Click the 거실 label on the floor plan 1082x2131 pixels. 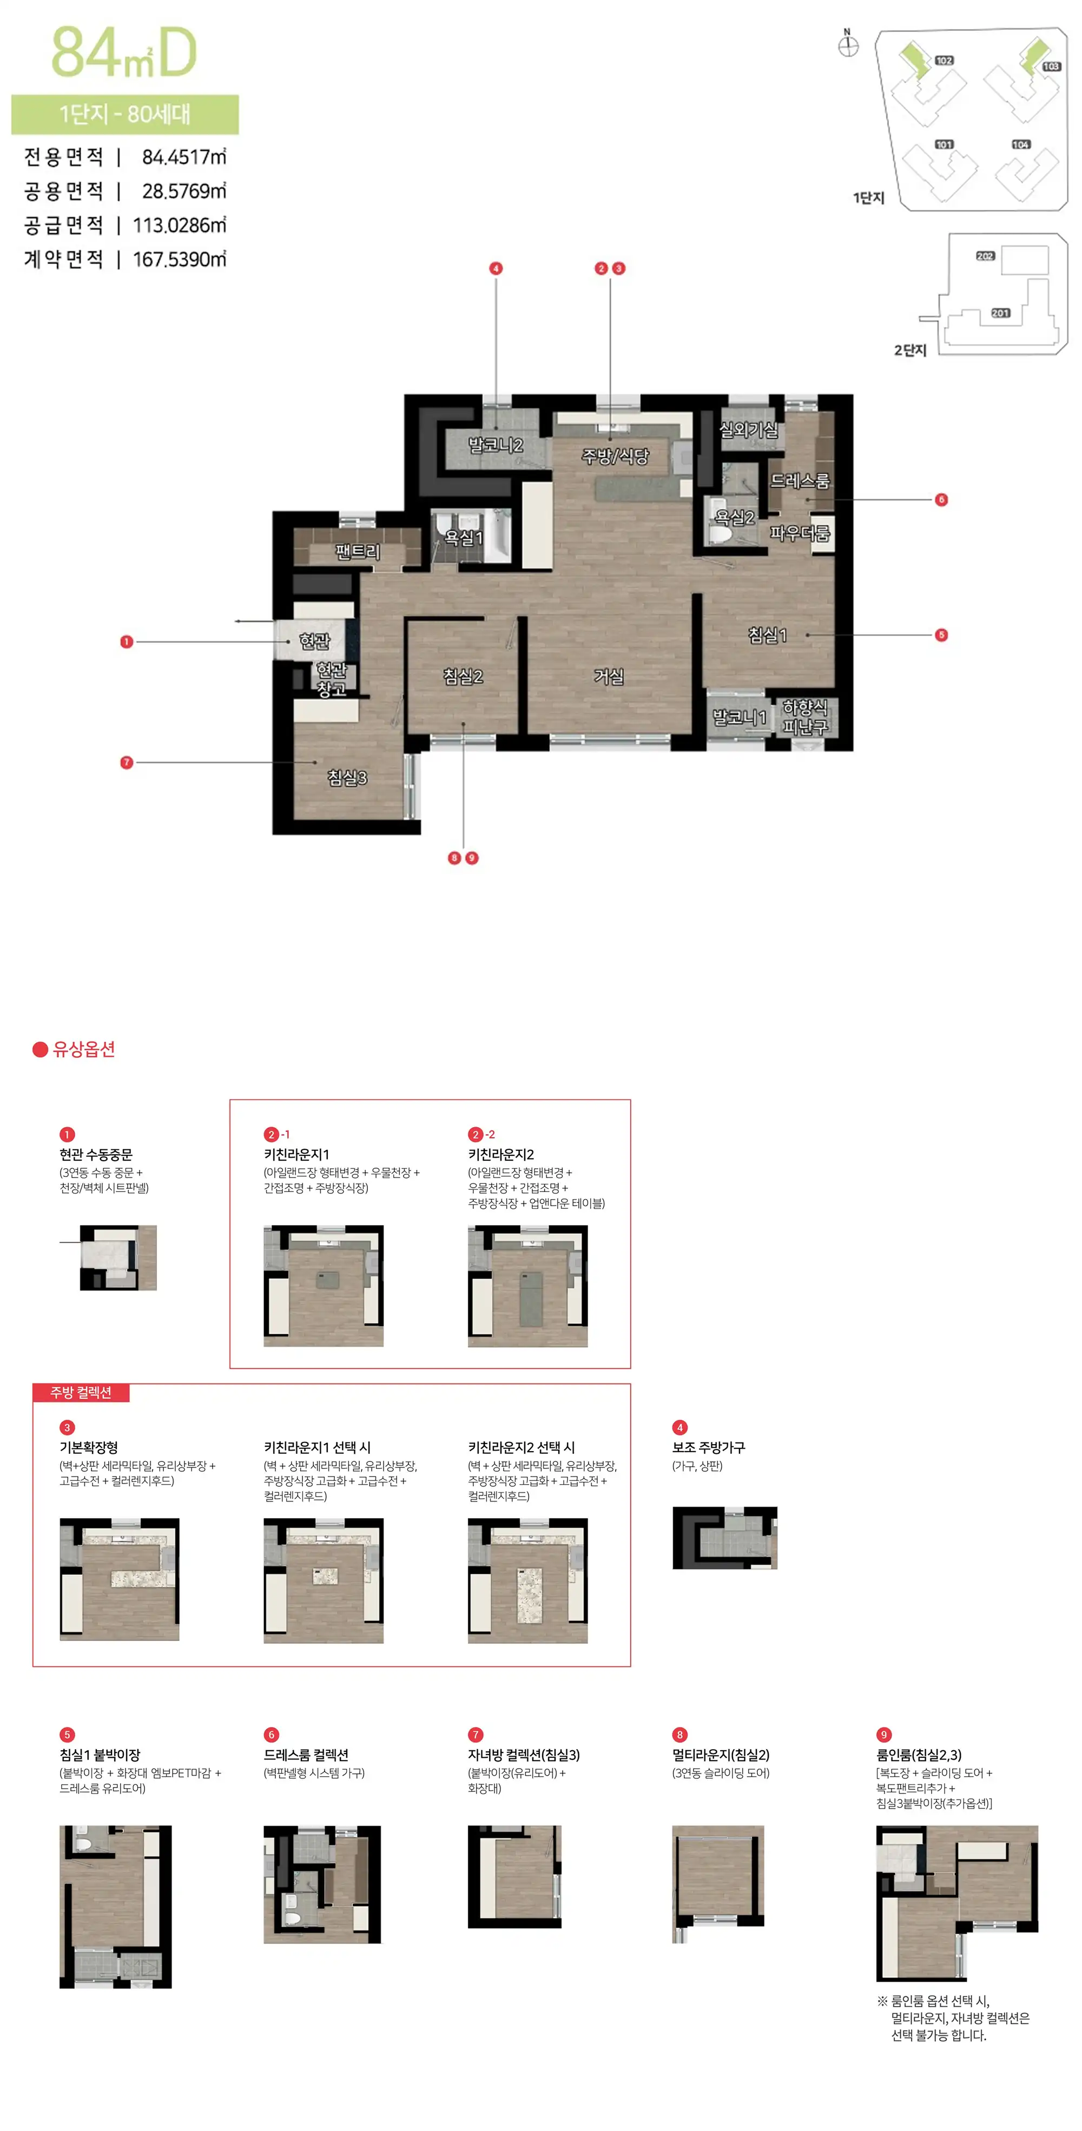click(x=609, y=676)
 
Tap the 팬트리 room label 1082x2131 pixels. click(x=358, y=551)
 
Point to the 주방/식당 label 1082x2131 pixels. click(x=616, y=456)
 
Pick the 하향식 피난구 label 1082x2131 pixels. click(x=805, y=717)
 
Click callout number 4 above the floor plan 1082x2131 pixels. click(x=496, y=268)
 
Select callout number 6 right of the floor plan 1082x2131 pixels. click(x=941, y=500)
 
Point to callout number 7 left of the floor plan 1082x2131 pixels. click(x=127, y=762)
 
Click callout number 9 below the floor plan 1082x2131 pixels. click(x=472, y=858)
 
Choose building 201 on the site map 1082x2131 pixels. click(x=1000, y=313)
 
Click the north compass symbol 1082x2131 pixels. click(x=848, y=44)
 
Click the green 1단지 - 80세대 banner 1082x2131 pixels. click(x=125, y=114)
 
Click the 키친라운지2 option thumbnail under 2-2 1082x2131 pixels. click(x=528, y=1286)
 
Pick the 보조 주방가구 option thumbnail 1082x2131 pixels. click(x=724, y=1538)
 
